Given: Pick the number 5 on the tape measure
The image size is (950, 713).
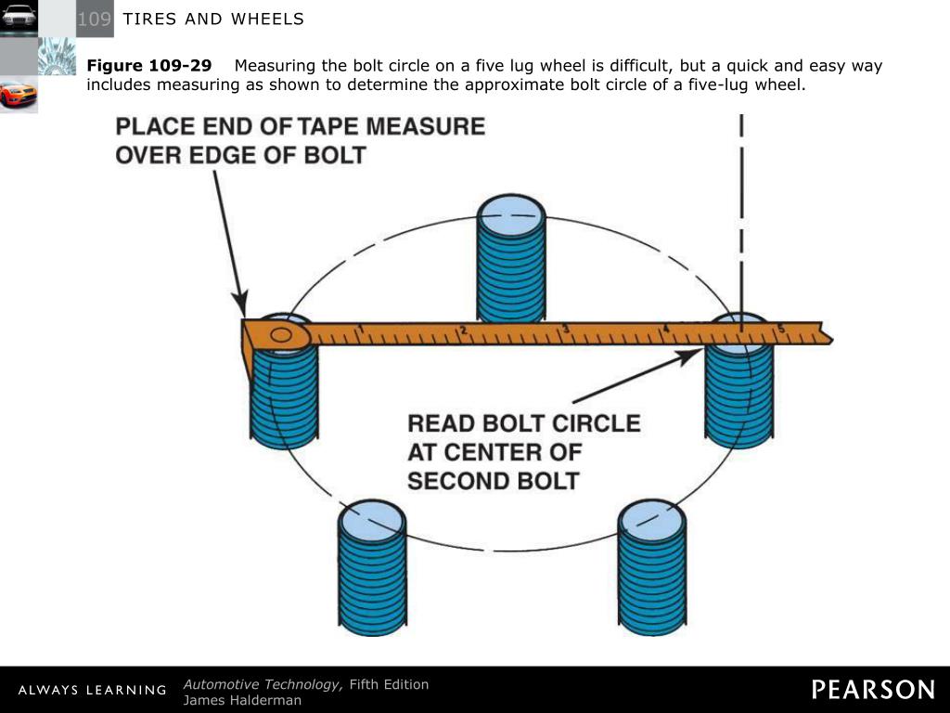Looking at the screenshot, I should (781, 328).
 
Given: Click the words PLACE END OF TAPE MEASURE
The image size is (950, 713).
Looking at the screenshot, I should (300, 125).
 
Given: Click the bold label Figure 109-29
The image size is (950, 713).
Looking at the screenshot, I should (148, 66).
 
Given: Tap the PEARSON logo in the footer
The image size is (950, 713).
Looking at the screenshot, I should (873, 689).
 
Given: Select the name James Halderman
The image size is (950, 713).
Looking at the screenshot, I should (242, 700).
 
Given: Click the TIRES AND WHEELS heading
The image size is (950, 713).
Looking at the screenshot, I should (213, 19).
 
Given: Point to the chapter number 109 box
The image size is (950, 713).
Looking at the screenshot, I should (94, 19).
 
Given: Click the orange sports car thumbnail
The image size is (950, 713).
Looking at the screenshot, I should (19, 94).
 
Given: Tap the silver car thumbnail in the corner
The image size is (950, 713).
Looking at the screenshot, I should (19, 17).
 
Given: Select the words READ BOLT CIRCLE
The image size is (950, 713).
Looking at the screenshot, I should (524, 423).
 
